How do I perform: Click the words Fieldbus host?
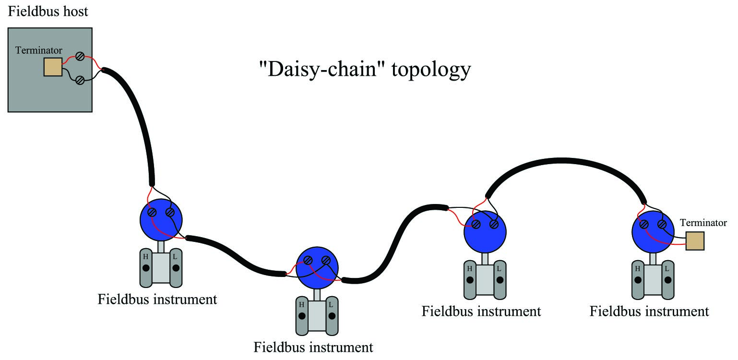[x=48, y=11]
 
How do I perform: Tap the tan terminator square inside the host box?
[x=53, y=67]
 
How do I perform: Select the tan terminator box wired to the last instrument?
[x=695, y=241]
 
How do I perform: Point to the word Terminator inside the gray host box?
[x=38, y=50]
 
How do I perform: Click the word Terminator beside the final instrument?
[x=703, y=223]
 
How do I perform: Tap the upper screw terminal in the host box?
[x=80, y=56]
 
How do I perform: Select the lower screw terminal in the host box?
[x=80, y=80]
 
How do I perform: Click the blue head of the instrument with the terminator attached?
[x=653, y=232]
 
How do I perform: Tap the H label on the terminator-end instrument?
[x=638, y=269]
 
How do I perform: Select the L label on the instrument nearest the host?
[x=175, y=256]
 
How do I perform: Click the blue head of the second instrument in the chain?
[x=317, y=268]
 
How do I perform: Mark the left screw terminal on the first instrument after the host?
[x=152, y=212]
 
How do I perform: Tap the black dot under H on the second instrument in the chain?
[x=302, y=316]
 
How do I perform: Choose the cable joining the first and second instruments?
[x=236, y=255]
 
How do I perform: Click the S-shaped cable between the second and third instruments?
[x=395, y=244]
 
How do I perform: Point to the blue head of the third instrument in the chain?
[x=485, y=232]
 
